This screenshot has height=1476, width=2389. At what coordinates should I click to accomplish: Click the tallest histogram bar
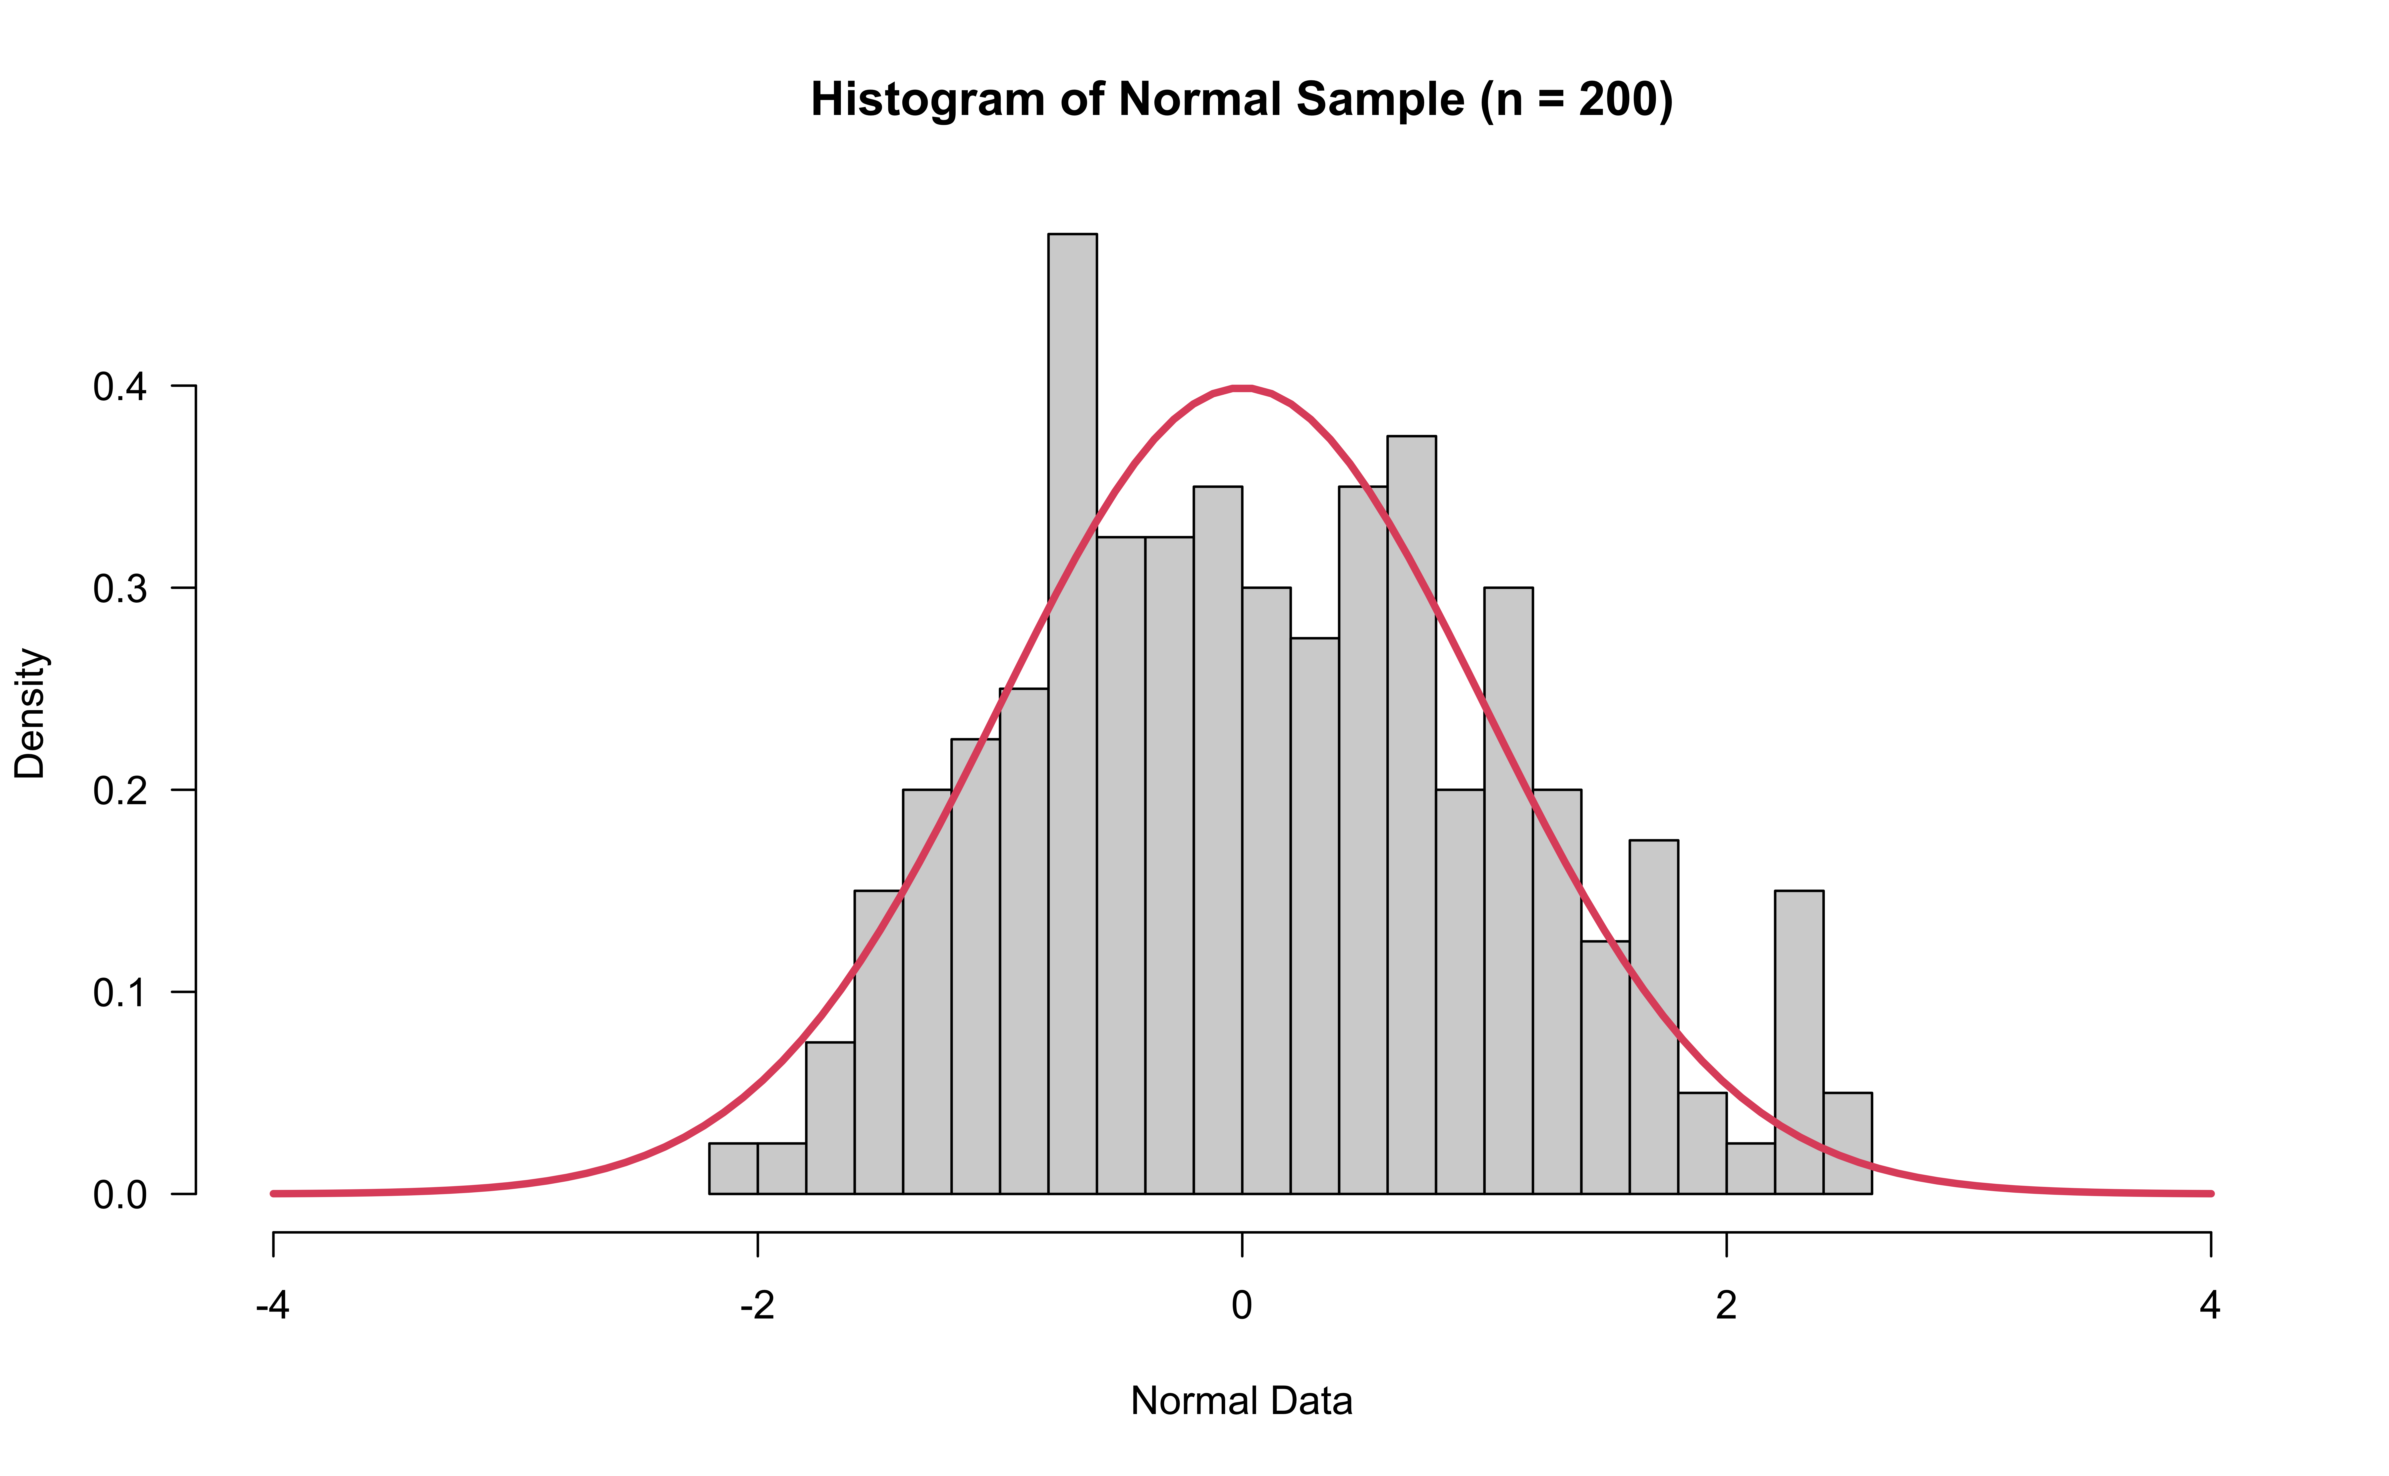1072,713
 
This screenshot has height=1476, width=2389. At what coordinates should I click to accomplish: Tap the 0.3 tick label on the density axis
119,589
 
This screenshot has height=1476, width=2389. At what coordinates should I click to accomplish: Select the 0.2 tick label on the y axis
119,791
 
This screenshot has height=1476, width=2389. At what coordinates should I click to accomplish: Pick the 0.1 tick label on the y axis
119,993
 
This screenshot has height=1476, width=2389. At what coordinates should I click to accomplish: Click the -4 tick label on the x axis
272,1305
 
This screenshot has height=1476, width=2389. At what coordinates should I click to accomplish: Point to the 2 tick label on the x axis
1726,1305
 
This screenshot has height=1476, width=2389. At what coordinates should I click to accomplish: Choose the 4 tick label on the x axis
2210,1305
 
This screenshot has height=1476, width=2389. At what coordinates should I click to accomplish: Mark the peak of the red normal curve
1242,388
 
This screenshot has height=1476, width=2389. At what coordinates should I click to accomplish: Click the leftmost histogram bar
733,1168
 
